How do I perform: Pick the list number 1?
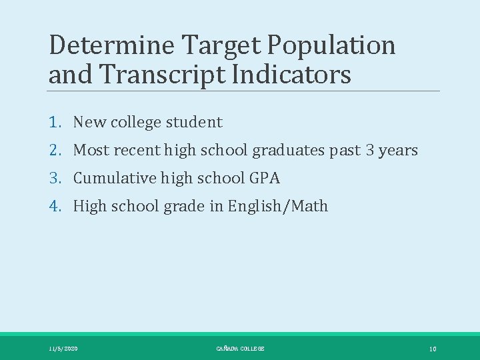point(55,123)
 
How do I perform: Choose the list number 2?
point(55,151)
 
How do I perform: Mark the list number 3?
point(55,179)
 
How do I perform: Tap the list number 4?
point(55,207)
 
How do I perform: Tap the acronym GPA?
point(265,179)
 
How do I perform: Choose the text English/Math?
point(278,207)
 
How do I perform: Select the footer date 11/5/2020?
point(63,349)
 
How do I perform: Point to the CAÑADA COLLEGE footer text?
point(240,349)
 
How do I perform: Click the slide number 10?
point(433,349)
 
